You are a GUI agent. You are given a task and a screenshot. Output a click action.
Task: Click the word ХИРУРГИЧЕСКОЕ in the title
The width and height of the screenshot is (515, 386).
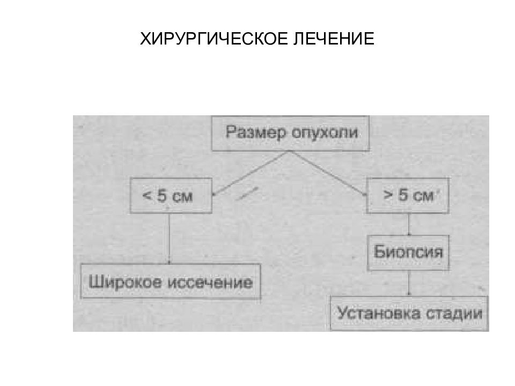coord(214,39)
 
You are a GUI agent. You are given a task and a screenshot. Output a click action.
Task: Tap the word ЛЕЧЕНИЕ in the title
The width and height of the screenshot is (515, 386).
coord(334,39)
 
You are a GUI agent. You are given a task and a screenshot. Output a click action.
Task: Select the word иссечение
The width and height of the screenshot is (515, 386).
coord(210,283)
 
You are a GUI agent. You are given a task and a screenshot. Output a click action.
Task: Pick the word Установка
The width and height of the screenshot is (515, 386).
coord(379,313)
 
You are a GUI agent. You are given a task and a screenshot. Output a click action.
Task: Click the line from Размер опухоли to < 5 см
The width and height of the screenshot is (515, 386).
coord(251,173)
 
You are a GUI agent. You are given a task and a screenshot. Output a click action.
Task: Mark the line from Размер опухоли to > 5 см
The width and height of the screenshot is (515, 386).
coord(328,173)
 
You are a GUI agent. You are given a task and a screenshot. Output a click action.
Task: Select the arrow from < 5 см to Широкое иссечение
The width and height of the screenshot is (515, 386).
coord(169,239)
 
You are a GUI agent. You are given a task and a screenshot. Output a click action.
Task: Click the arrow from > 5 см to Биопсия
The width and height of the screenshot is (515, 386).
coord(409,225)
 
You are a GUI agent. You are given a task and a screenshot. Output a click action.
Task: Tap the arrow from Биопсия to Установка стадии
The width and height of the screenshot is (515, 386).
coord(409,283)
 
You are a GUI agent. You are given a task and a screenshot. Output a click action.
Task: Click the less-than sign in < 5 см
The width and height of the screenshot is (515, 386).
coord(147,196)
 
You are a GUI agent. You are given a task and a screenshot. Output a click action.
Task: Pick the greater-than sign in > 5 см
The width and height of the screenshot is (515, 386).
coord(388,195)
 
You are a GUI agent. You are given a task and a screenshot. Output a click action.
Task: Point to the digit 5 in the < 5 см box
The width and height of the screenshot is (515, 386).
coord(162,196)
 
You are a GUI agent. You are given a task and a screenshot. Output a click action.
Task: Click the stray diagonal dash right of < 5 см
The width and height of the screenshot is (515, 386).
coord(247,194)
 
